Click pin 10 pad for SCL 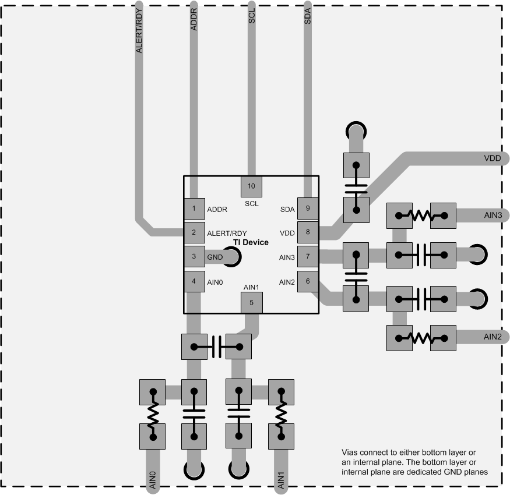(252, 186)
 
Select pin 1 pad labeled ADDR (194, 208)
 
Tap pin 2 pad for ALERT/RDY (194, 232)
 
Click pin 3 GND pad (194, 256)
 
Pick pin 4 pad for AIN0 (194, 281)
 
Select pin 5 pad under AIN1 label (251, 302)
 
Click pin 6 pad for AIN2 (308, 282)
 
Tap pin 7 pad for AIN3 (308, 256)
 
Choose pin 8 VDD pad (308, 232)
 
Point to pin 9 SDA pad (308, 208)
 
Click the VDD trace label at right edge (492, 158)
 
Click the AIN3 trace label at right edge (492, 215)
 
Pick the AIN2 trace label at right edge (492, 337)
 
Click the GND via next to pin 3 (230, 256)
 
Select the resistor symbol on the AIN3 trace (421, 215)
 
